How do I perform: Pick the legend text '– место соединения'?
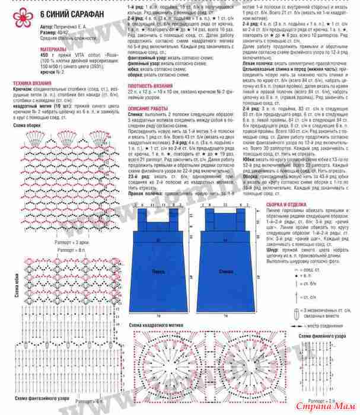(324, 325)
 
